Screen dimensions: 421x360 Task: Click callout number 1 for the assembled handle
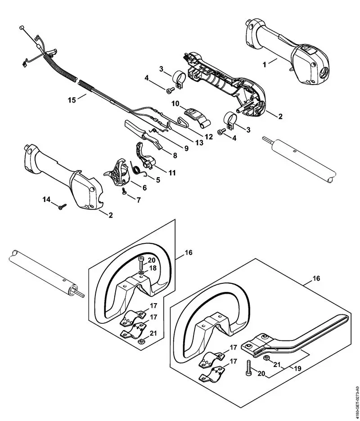(264, 63)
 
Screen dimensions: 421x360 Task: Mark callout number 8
(174, 155)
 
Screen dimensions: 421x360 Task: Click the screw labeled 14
(60, 206)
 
